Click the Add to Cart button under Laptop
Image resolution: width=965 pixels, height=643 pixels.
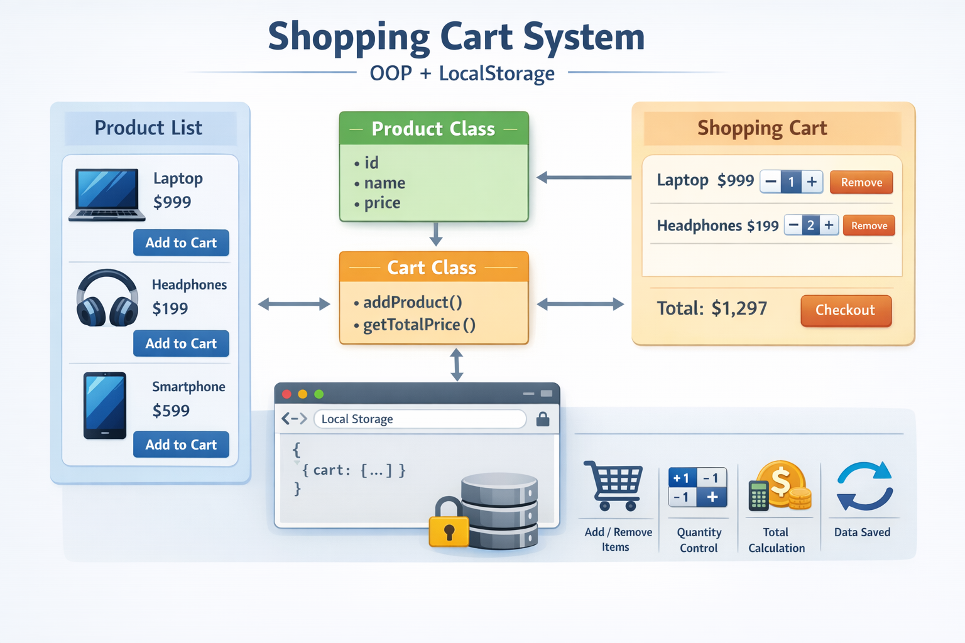click(181, 242)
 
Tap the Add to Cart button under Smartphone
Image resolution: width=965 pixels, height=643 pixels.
click(181, 444)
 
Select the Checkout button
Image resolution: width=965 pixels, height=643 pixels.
click(846, 311)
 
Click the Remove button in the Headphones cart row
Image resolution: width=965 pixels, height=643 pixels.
click(869, 225)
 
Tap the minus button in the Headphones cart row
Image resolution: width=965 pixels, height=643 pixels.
click(793, 225)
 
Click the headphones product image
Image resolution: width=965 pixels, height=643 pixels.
click(107, 298)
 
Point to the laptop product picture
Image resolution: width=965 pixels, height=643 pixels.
click(106, 195)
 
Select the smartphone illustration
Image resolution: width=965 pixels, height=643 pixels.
click(105, 406)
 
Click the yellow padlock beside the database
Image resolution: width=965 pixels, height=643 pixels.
click(449, 522)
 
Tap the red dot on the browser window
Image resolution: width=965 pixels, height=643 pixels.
click(286, 394)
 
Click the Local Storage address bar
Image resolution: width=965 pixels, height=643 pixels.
click(420, 419)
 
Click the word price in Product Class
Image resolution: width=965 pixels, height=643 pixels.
click(382, 203)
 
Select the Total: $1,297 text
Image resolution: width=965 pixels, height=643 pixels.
click(712, 308)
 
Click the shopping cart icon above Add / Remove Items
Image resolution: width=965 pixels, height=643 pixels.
click(613, 485)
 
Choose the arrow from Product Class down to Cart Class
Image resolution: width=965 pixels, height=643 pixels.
click(435, 234)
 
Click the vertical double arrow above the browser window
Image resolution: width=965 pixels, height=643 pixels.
click(457, 365)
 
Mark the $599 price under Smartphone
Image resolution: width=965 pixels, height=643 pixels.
click(171, 411)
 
